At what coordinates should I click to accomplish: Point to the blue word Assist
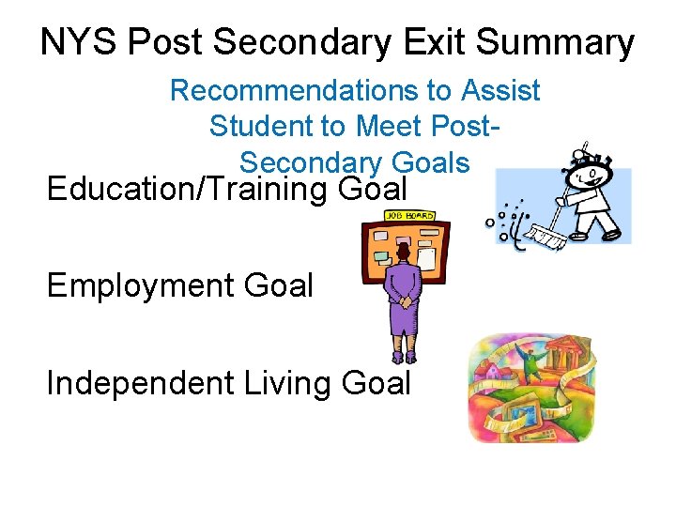point(500,91)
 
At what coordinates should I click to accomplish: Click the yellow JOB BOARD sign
point(407,217)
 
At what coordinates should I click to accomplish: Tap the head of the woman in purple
point(404,252)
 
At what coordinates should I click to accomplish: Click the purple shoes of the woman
point(405,358)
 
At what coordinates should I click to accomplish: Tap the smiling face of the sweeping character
point(590,173)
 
